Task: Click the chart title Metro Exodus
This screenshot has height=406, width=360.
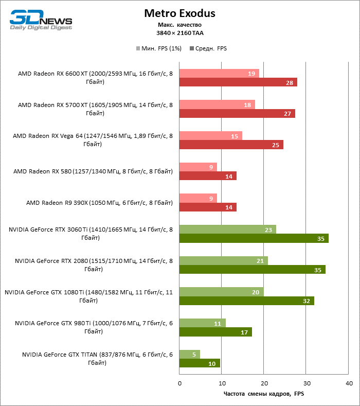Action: (179, 13)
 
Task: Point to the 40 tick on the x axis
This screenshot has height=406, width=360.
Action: (348, 383)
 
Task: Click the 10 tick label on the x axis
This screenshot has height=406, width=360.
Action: (222, 383)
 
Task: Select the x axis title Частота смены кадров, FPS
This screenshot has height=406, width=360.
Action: (264, 394)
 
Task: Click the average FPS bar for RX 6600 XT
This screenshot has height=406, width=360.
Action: (238, 82)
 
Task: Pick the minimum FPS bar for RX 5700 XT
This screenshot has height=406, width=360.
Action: (217, 104)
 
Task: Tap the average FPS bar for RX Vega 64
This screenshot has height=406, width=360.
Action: (231, 145)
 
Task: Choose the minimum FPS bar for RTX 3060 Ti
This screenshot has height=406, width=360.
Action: (227, 230)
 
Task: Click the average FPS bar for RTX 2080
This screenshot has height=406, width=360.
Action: (252, 270)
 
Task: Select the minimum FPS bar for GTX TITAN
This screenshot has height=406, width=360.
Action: (189, 354)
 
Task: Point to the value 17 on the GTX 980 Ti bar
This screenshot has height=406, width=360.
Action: (244, 332)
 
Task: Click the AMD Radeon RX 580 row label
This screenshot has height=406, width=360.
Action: (93, 171)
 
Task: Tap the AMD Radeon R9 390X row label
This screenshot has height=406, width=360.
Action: (99, 203)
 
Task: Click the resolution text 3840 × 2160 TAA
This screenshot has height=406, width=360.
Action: (179, 33)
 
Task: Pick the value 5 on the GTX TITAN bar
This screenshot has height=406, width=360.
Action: (194, 354)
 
